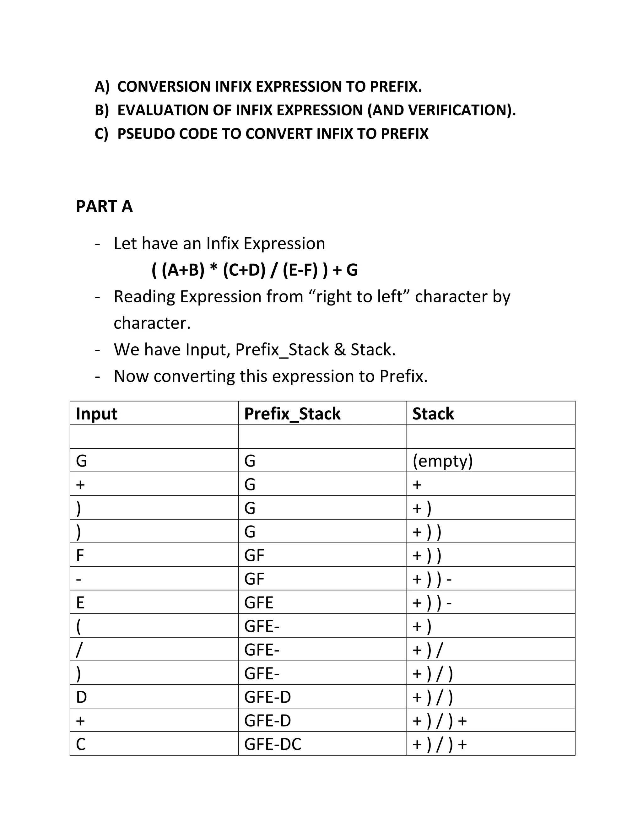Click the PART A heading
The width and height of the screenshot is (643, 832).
[104, 207]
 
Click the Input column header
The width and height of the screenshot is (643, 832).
[96, 413]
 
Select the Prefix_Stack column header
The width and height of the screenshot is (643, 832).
[292, 413]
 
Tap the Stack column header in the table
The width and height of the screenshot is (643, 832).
[433, 413]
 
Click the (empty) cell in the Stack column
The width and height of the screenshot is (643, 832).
[442, 461]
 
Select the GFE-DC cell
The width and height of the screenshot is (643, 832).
[273, 744]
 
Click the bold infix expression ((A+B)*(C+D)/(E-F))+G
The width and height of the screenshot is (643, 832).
[254, 270]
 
